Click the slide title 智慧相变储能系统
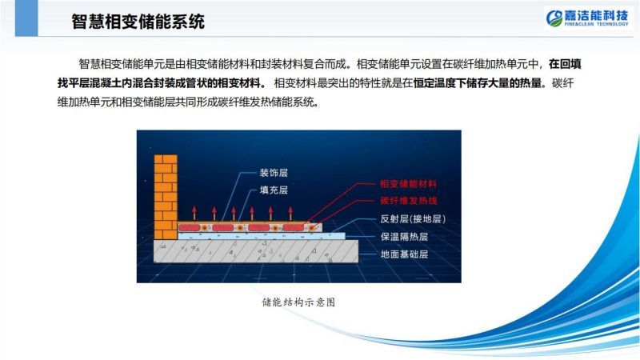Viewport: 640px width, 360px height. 138,22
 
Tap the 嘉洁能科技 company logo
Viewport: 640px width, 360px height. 587,18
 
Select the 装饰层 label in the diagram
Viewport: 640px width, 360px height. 274,173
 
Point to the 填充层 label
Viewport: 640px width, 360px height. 274,190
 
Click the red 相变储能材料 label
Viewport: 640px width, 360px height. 408,184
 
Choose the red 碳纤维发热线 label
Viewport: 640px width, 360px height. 409,201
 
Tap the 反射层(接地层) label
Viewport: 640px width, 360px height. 413,218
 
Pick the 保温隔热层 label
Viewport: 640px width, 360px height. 404,237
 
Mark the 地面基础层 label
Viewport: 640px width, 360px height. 404,254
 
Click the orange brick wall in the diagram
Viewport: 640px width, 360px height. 166,197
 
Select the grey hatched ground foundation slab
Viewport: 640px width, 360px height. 256,251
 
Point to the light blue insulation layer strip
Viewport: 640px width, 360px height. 262,236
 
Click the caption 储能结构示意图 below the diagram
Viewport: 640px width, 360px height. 298,302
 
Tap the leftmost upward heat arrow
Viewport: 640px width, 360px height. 194,213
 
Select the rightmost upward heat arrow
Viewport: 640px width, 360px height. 290,213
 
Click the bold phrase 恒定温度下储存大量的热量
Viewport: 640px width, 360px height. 478,83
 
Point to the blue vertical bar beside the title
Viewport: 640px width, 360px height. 26,18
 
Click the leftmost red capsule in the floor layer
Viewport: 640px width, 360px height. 190,227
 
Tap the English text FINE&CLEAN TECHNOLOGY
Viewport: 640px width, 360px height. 596,24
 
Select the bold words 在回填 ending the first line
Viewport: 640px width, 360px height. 565,64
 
